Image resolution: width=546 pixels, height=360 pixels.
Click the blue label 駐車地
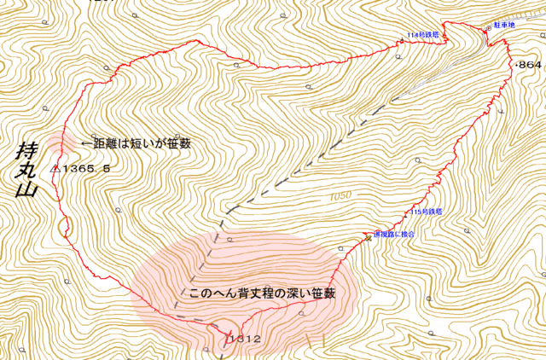[504, 26]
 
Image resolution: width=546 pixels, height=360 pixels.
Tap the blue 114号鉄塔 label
[423, 35]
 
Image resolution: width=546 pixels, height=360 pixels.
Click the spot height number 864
[530, 65]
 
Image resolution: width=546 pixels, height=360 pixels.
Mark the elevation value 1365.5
[86, 169]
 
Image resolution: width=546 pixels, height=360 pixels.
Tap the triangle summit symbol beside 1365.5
[55, 168]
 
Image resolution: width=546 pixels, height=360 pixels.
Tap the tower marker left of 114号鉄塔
[398, 40]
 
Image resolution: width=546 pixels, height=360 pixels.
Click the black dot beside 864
[514, 65]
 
